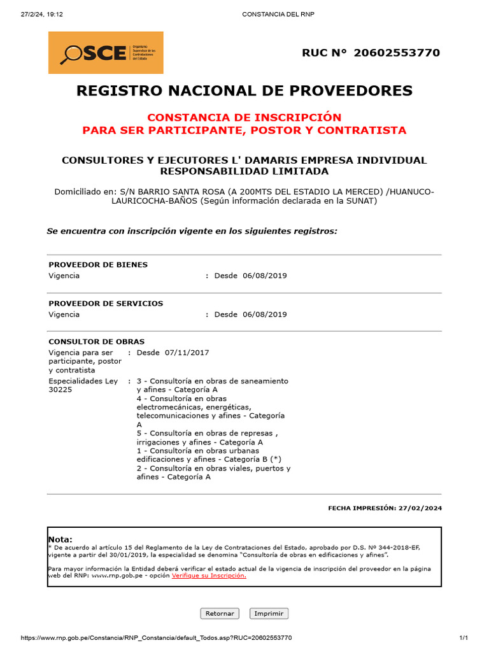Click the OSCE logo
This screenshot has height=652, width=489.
[106, 53]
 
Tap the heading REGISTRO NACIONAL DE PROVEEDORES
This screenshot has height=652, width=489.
[244, 91]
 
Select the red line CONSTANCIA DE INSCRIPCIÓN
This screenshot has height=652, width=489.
[244, 118]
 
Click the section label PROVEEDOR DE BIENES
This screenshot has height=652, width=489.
[98, 265]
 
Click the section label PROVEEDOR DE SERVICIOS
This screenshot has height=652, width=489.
[106, 304]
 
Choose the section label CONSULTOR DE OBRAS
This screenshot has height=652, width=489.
[97, 342]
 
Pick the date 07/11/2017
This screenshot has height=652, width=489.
[187, 353]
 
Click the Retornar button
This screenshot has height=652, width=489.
[220, 614]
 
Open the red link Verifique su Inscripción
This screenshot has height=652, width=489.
[209, 576]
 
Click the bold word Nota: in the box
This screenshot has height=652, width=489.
[60, 539]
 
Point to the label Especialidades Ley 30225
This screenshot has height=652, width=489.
[83, 385]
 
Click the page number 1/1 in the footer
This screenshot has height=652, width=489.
[464, 638]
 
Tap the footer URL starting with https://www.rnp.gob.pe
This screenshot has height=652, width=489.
[157, 638]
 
